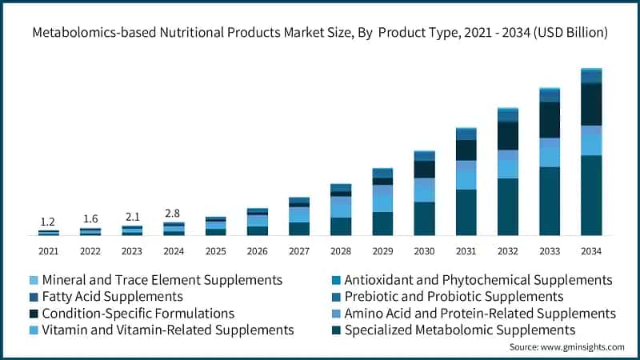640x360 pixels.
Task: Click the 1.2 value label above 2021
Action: click(x=48, y=222)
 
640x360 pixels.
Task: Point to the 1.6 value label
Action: click(x=90, y=219)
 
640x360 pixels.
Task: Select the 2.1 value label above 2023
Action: click(x=132, y=217)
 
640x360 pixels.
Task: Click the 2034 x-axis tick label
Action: click(x=591, y=251)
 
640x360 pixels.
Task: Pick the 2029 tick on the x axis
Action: click(x=382, y=251)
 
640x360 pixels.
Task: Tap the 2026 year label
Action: click(x=257, y=251)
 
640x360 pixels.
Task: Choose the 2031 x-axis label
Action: click(x=466, y=251)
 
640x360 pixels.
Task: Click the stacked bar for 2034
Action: click(x=591, y=152)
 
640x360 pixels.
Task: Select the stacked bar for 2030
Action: click(x=424, y=193)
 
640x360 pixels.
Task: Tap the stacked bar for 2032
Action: click(x=508, y=171)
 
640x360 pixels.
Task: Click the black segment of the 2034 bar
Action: click(x=591, y=104)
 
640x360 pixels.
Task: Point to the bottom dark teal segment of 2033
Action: click(x=550, y=201)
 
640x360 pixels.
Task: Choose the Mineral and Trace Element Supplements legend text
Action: click(x=162, y=280)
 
